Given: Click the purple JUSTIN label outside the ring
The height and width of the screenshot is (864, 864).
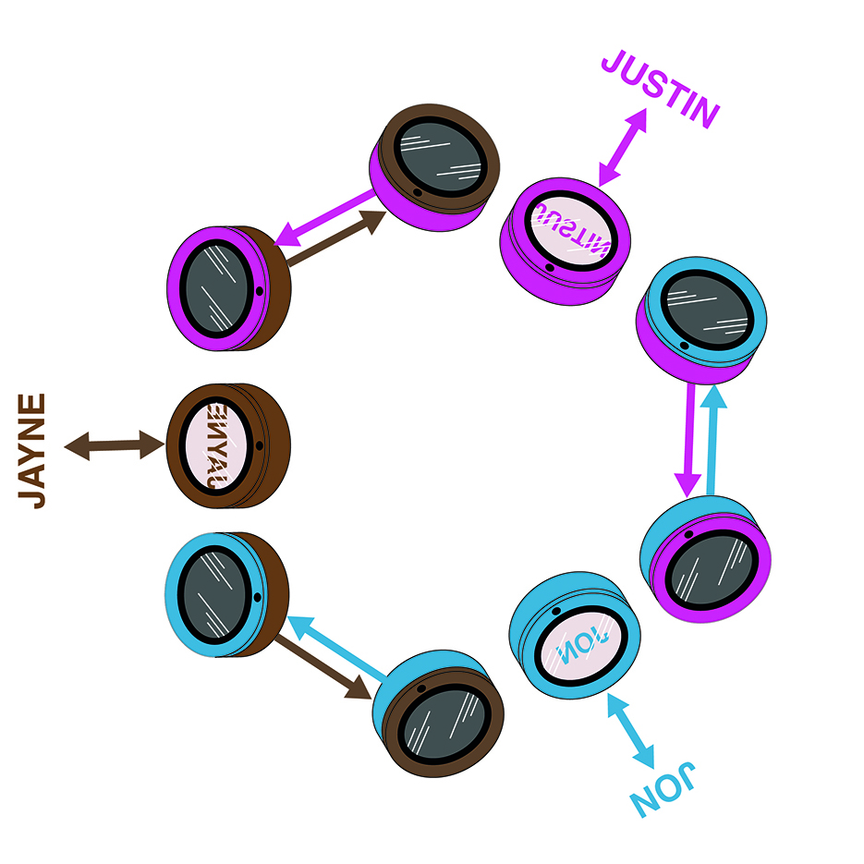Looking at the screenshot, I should click(660, 90).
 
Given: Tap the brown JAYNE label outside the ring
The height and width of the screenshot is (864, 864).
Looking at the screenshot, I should click(33, 451).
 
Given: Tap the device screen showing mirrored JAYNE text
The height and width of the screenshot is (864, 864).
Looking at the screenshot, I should click(218, 446).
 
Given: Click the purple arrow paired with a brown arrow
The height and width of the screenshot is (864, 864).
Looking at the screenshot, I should click(325, 216).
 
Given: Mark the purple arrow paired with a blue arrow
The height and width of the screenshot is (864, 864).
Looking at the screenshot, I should click(687, 439).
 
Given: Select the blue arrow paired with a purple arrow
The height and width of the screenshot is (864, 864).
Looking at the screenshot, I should click(712, 439).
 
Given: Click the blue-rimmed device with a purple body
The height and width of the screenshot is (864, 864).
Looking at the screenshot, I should click(702, 319).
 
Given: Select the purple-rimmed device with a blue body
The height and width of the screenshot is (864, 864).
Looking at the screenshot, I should click(706, 558).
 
